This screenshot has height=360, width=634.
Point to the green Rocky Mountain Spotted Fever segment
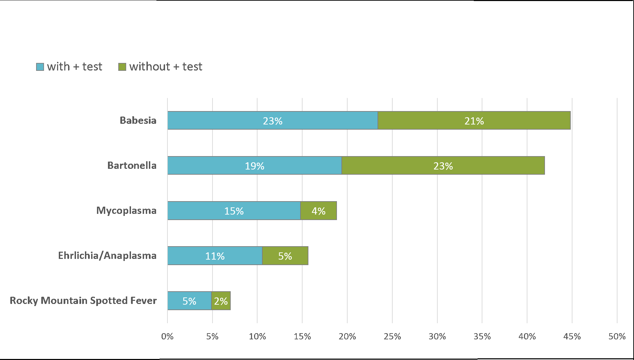click(221, 301)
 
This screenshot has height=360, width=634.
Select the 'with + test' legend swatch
click(40, 67)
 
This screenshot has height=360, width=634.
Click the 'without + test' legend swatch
click(122, 67)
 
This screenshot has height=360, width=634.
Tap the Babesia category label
click(138, 120)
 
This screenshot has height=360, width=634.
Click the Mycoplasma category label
click(126, 210)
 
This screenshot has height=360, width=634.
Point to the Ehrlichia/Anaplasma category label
click(107, 255)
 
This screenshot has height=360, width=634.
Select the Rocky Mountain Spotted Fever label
click(83, 301)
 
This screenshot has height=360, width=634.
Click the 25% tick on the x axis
click(392, 336)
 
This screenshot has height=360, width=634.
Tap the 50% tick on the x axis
click(617, 336)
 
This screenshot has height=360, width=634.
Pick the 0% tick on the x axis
click(167, 336)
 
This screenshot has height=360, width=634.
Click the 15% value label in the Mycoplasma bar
click(234, 211)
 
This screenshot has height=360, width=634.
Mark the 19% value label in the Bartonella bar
click(254, 166)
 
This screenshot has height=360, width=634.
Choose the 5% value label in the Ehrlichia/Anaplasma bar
click(285, 256)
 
